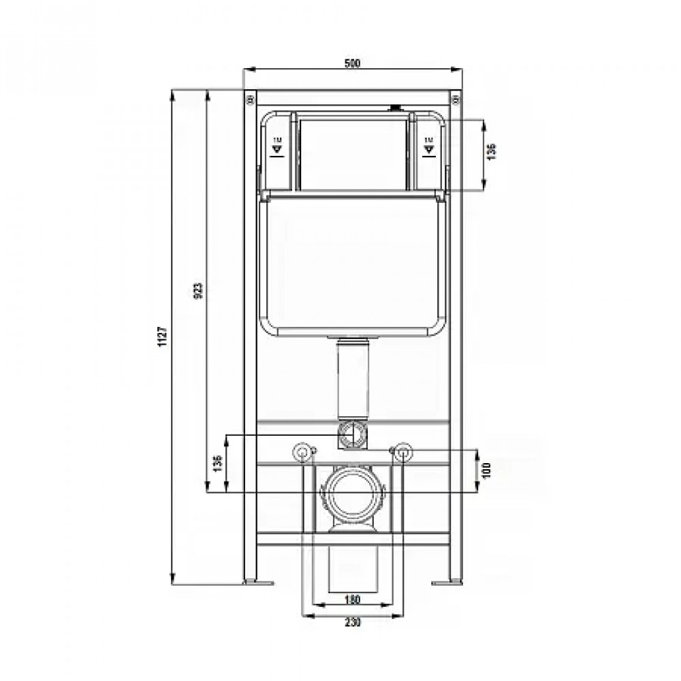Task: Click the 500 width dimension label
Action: [351, 63]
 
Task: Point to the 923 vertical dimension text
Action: [199, 291]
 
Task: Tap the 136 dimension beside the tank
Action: [492, 151]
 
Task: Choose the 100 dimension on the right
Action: [486, 471]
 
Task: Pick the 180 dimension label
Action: [351, 600]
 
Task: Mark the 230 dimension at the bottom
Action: [351, 622]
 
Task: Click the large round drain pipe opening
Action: [351, 494]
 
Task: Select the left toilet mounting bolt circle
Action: [300, 451]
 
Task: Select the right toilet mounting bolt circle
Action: [403, 451]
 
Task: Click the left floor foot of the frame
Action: [257, 582]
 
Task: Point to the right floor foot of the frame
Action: [447, 582]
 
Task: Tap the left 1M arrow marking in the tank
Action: [276, 146]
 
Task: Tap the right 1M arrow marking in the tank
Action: [428, 146]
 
